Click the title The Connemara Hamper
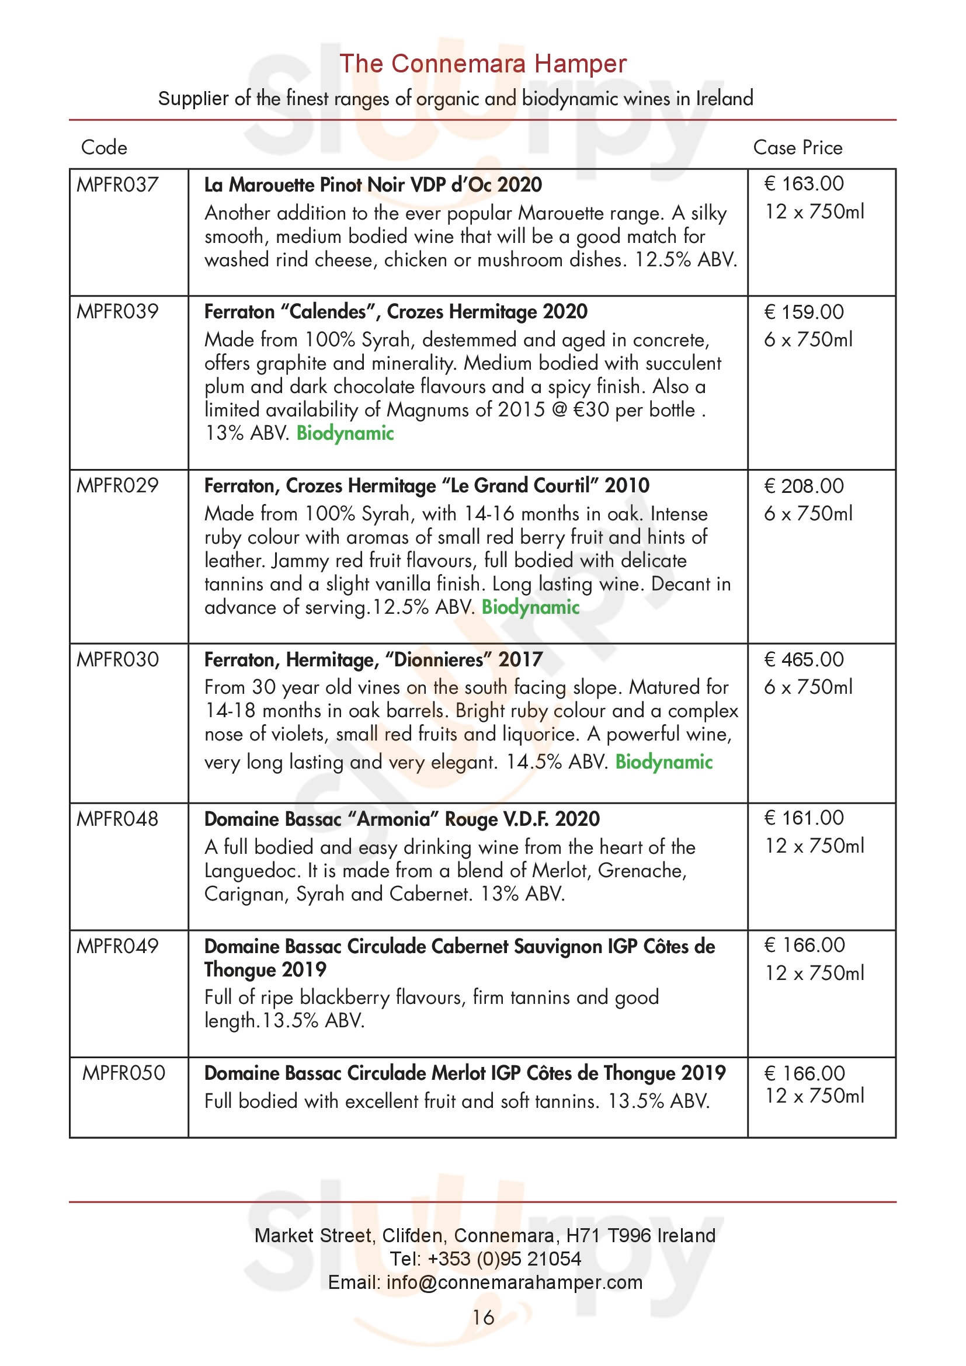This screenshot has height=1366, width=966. pyautogui.click(x=482, y=64)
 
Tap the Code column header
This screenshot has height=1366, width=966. pyautogui.click(x=104, y=148)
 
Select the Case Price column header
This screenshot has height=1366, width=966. pyautogui.click(x=797, y=148)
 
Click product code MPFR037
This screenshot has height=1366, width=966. pyautogui.click(x=117, y=185)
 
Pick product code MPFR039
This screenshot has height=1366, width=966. pyautogui.click(x=117, y=312)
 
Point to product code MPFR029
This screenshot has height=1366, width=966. pyautogui.click(x=117, y=485)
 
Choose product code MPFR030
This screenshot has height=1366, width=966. pyautogui.click(x=117, y=659)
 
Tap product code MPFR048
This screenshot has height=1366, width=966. pyautogui.click(x=117, y=819)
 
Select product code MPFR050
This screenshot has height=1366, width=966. pyautogui.click(x=124, y=1073)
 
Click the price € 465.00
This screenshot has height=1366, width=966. pyautogui.click(x=804, y=659)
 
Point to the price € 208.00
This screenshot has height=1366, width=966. pyautogui.click(x=804, y=486)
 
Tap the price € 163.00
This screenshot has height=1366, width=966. pyautogui.click(x=804, y=184)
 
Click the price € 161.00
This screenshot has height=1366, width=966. pyautogui.click(x=804, y=818)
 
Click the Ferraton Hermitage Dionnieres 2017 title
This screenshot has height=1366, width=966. pyautogui.click(x=373, y=660)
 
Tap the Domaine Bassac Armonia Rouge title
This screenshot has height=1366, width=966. pyautogui.click(x=401, y=819)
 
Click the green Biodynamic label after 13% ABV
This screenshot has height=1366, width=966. pyautogui.click(x=345, y=433)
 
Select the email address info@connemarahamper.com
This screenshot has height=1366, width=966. pyautogui.click(x=515, y=1282)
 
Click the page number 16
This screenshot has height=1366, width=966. pyautogui.click(x=483, y=1317)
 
